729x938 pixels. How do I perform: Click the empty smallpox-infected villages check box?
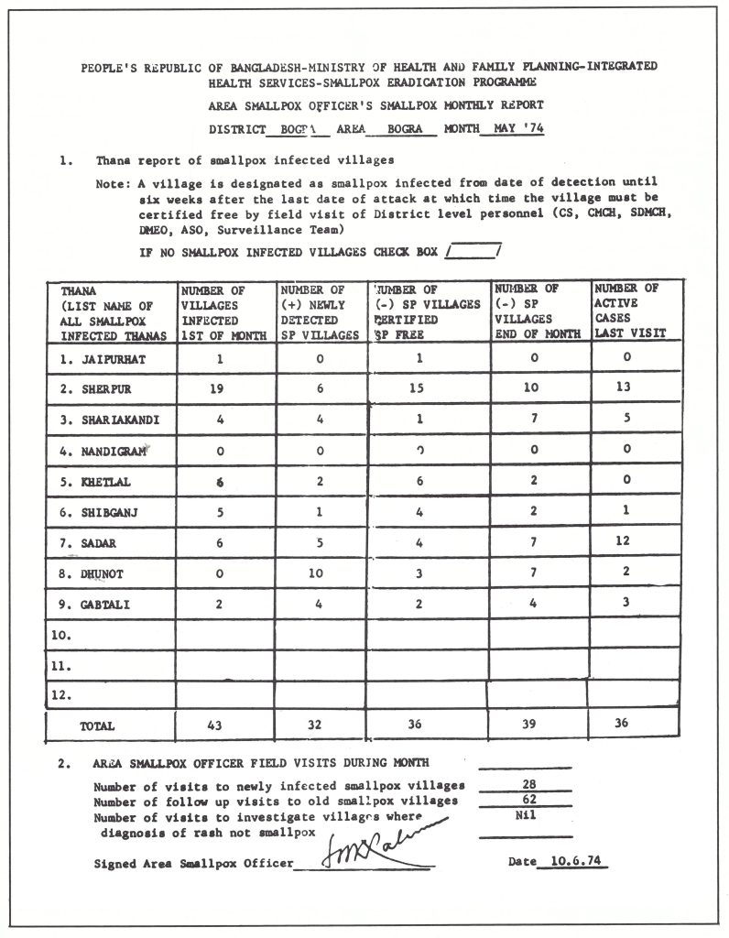pos(473,250)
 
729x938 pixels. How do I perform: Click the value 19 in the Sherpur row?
pos(219,388)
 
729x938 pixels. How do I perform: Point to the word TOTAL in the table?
pos(97,725)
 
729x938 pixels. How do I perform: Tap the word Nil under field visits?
pos(526,815)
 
